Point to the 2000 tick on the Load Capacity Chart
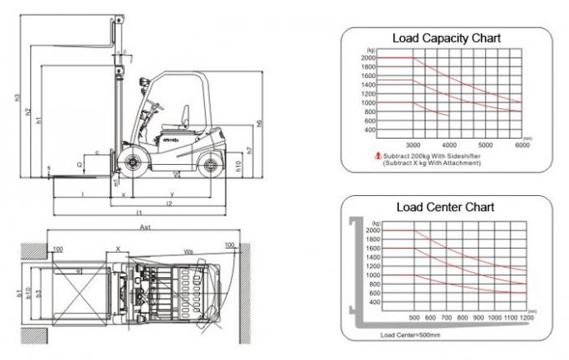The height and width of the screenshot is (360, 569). tap(369, 58)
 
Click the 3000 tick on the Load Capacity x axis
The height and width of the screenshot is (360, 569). tap(414, 145)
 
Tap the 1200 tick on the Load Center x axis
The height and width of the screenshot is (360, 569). tap(525, 318)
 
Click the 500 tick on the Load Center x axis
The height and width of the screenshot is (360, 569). tap(414, 318)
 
